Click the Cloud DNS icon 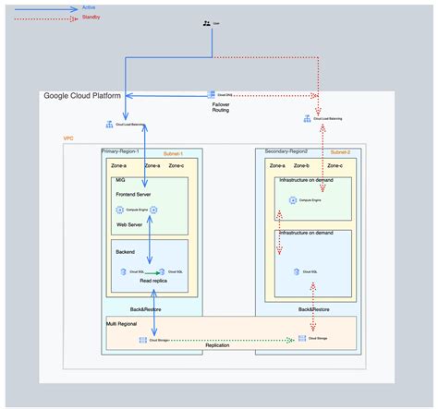tap(213, 95)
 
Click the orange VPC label tap(67, 138)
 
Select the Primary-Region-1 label tap(124, 150)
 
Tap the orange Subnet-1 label tap(173, 153)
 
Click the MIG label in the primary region tap(120, 180)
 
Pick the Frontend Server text tap(133, 195)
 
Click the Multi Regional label tap(125, 325)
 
